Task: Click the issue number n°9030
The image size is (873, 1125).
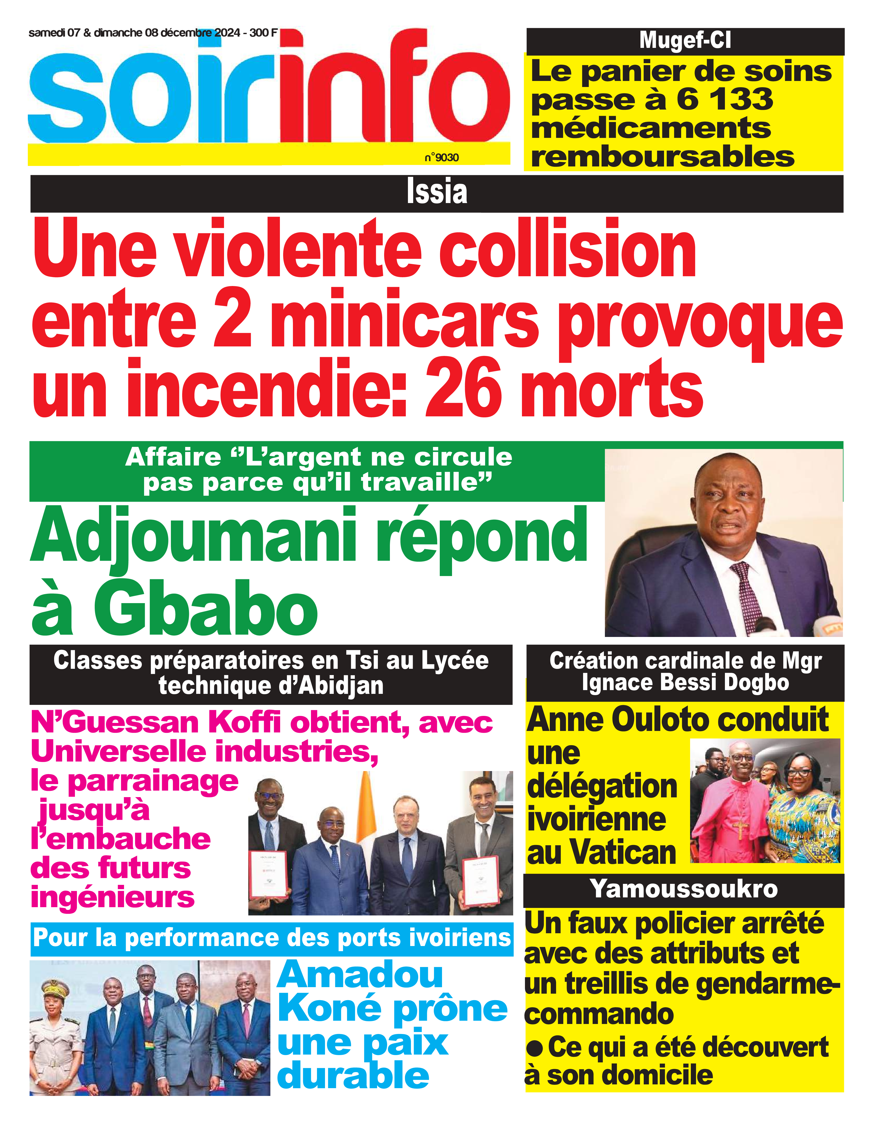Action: click(x=442, y=158)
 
